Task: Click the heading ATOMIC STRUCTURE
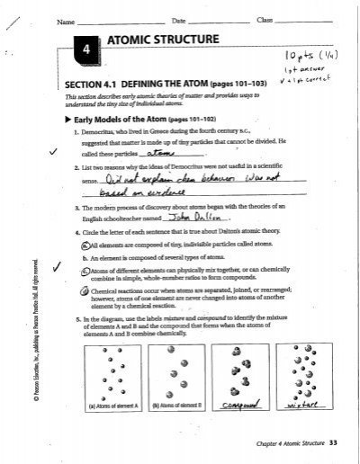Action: click(162, 40)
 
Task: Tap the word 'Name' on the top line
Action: click(64, 20)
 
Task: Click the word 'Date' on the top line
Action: click(177, 20)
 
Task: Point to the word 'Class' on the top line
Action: click(265, 20)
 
